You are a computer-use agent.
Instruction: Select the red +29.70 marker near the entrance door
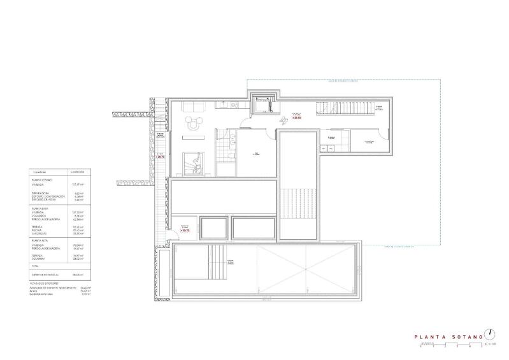185,231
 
